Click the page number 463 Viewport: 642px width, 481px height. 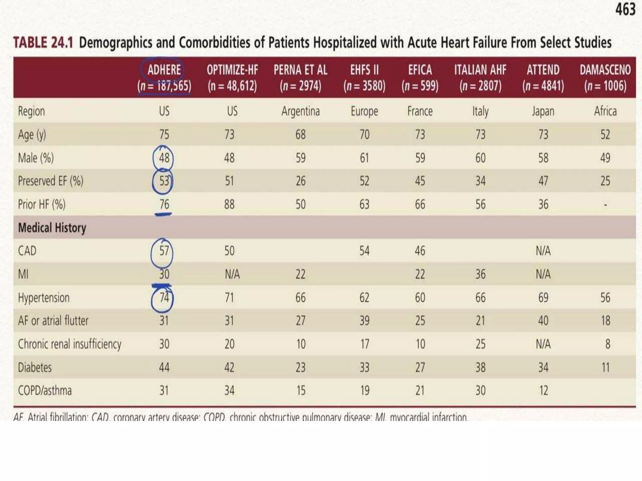(625, 9)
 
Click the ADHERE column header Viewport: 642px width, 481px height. (164, 70)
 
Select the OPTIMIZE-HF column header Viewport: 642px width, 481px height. (232, 70)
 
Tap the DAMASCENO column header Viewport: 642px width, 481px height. (605, 70)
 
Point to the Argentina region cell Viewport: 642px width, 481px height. (300, 111)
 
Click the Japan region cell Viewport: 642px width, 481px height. (543, 111)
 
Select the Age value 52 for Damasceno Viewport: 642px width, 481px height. (605, 134)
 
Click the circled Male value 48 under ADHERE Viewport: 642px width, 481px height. (164, 158)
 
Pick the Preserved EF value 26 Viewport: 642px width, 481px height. (300, 181)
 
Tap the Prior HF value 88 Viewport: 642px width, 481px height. (229, 204)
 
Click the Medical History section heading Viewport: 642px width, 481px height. (52, 228)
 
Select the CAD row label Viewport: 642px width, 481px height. (27, 251)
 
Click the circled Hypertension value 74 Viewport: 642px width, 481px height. (164, 297)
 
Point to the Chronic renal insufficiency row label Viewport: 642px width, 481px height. (70, 344)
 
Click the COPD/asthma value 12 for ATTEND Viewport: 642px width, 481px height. (543, 390)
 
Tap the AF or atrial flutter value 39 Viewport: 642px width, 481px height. (364, 321)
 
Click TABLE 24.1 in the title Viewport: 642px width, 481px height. (43, 43)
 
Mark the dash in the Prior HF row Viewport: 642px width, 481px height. (605, 205)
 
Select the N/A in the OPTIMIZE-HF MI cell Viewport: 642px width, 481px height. (232, 274)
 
